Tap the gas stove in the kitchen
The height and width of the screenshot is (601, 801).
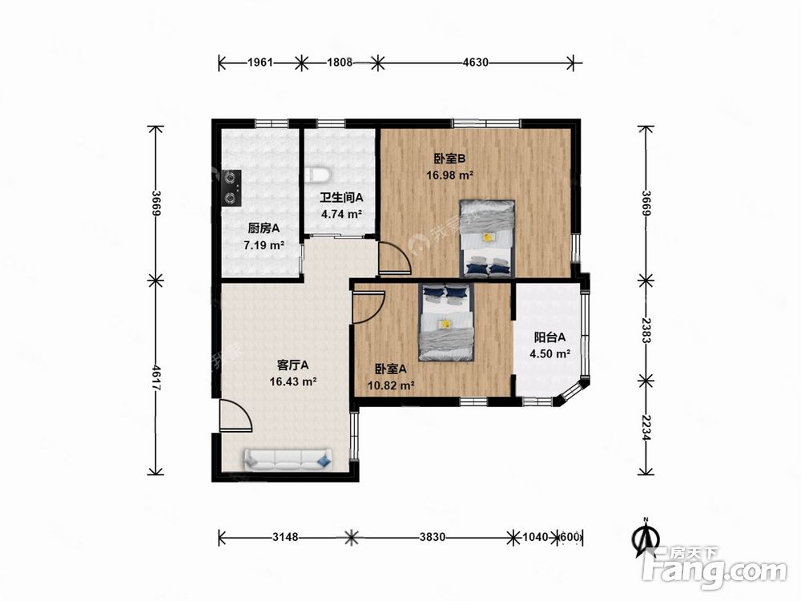click(x=231, y=188)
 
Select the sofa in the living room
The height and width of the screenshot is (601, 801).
click(x=288, y=459)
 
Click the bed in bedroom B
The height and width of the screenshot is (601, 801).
click(x=487, y=238)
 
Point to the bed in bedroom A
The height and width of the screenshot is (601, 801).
click(x=446, y=322)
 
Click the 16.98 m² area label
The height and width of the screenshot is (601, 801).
click(x=449, y=175)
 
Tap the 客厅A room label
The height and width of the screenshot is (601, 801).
click(x=292, y=365)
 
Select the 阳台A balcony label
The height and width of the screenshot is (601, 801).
click(x=549, y=337)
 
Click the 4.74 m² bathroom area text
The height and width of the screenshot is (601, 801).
click(x=342, y=214)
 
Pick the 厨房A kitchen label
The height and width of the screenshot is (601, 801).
click(x=264, y=228)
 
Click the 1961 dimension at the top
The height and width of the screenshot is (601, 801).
click(x=260, y=63)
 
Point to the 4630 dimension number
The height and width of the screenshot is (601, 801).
click(x=475, y=63)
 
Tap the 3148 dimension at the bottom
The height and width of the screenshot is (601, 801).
click(x=285, y=537)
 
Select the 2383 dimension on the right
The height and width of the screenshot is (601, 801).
click(x=646, y=330)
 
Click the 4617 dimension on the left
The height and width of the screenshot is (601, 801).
click(x=156, y=378)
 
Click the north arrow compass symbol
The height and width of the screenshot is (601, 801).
click(x=645, y=537)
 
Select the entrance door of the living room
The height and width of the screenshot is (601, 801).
click(x=235, y=416)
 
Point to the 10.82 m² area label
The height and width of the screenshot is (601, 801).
click(x=391, y=386)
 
